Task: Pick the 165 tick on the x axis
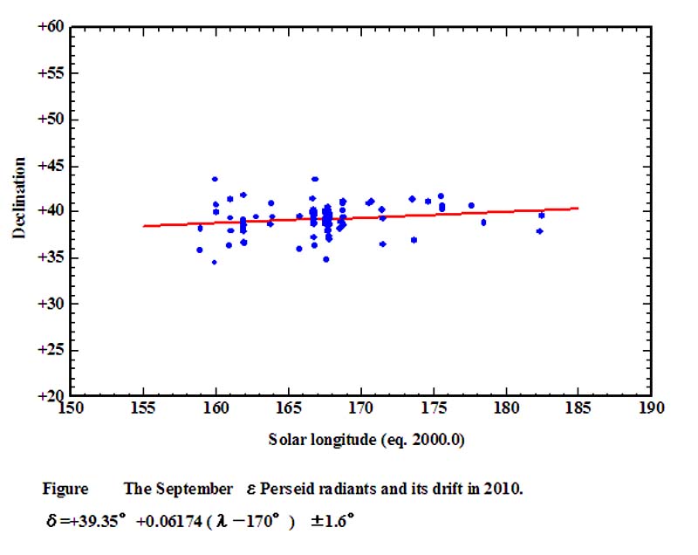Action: coord(288,408)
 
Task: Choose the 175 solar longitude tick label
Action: coord(433,408)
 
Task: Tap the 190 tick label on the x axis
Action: coord(650,408)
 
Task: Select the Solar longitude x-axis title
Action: coord(366,440)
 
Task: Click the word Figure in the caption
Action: coord(62,489)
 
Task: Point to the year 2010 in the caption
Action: coord(504,489)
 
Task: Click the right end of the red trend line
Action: coord(578,208)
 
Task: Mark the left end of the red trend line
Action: coord(143,226)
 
